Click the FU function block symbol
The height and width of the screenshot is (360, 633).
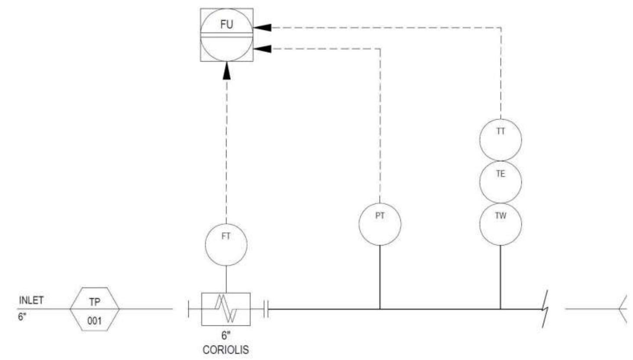tap(226, 35)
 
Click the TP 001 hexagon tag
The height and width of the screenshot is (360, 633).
tap(95, 309)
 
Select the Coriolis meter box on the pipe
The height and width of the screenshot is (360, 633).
tap(226, 309)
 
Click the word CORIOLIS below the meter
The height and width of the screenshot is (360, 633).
tap(226, 350)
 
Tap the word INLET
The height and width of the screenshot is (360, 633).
tap(31, 300)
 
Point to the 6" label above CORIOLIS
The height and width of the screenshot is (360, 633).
tap(226, 336)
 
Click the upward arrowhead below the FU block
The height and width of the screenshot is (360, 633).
tap(226, 71)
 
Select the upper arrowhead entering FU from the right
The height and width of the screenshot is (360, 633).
tap(262, 27)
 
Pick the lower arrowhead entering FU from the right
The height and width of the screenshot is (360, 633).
tap(262, 49)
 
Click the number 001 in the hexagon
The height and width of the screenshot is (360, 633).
tap(94, 321)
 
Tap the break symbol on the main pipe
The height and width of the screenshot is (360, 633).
tap(545, 309)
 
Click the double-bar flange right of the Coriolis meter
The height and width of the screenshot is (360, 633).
tap(266, 309)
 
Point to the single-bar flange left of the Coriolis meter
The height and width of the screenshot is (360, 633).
tap(188, 309)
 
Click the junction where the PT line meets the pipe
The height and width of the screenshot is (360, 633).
tap(380, 309)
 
